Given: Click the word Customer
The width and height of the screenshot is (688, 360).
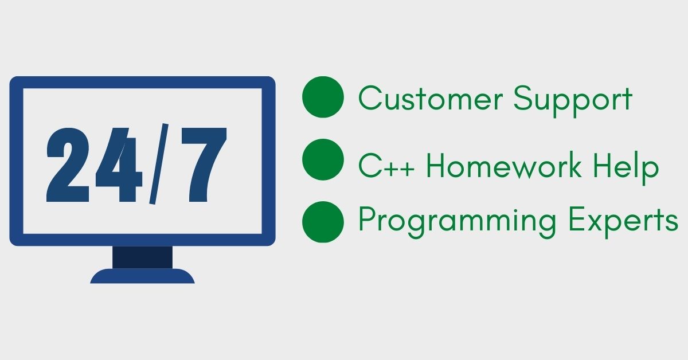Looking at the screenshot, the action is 431,98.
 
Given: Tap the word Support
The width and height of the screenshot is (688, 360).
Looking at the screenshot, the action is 573,101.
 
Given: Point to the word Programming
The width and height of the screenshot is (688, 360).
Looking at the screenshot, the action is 458,222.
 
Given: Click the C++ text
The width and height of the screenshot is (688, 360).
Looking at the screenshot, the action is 386,166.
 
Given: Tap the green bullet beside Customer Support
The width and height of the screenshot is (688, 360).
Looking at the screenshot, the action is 323,97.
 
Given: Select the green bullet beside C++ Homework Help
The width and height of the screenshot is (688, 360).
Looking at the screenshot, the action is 323,159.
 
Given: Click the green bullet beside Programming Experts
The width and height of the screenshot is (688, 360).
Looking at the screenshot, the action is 323,222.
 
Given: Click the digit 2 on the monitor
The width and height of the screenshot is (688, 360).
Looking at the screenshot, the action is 68,165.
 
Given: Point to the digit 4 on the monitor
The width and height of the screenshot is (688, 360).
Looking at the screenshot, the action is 119,165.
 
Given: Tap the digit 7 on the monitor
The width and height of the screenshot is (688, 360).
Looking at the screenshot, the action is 204,165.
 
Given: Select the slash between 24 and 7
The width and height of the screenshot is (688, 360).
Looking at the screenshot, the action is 159,164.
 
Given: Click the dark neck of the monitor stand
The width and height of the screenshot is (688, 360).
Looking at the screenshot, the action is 143,257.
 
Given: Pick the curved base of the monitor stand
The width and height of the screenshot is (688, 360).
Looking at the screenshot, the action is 143,276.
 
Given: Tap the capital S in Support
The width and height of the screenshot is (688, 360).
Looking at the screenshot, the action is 523,98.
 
